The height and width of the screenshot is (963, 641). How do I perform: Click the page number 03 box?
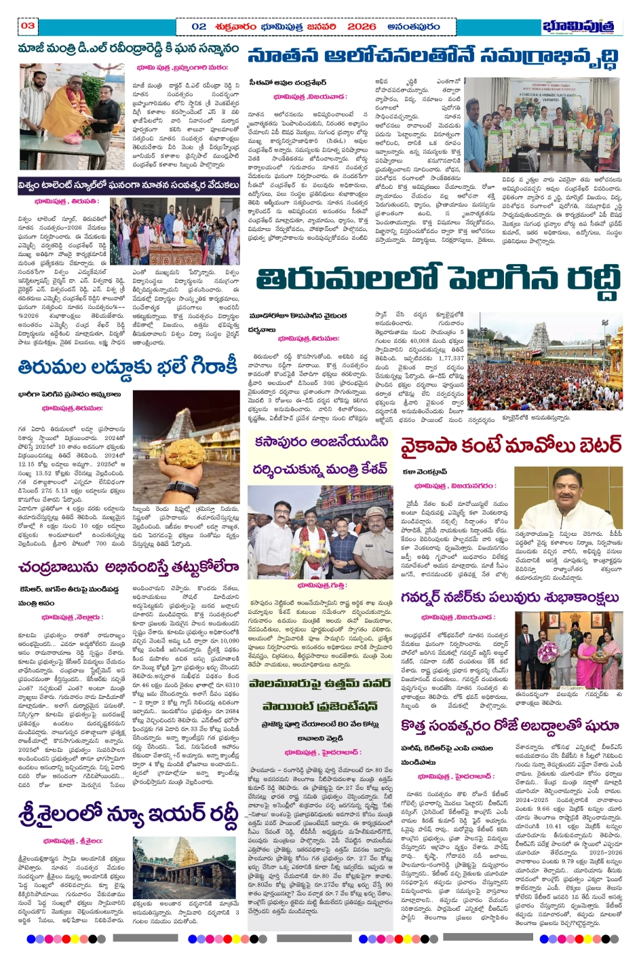(27, 26)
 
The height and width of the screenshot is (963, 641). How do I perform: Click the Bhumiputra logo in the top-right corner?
(581, 26)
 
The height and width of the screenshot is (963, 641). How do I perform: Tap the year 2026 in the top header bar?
(361, 26)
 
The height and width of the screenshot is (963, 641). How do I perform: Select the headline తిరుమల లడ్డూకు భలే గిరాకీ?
(128, 367)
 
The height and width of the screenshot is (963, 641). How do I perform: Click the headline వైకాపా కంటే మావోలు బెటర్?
(510, 446)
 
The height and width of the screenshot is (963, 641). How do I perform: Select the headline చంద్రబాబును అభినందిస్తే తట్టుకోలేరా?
(129, 567)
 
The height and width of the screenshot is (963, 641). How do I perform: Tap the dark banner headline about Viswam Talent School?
(129, 185)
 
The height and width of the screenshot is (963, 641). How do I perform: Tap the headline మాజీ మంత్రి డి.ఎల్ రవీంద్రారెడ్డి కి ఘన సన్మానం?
(129, 50)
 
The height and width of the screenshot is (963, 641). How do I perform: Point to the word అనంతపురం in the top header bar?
(414, 26)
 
